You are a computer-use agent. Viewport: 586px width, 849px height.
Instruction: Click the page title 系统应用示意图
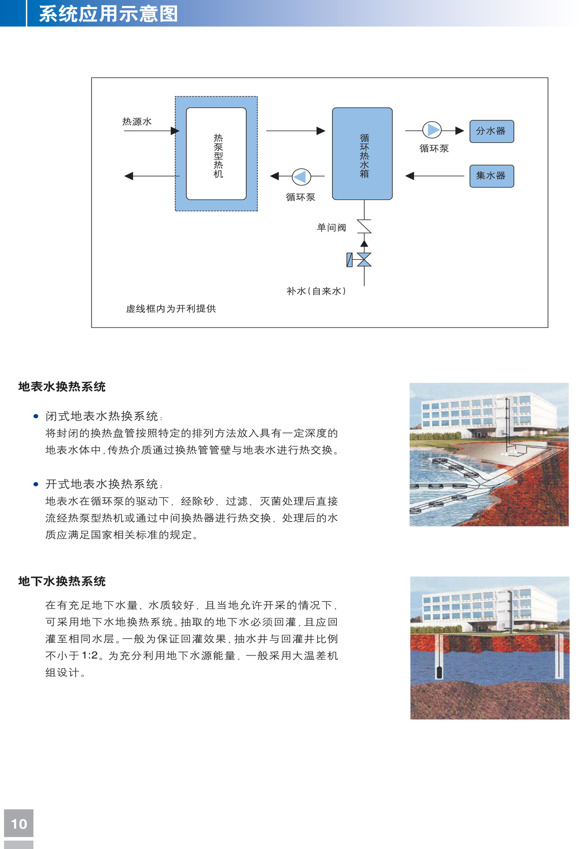(x=108, y=14)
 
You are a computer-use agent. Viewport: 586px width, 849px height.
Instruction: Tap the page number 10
(x=19, y=824)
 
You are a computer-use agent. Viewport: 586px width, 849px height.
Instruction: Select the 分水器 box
(x=491, y=131)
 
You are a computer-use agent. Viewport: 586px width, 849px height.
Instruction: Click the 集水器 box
(x=491, y=176)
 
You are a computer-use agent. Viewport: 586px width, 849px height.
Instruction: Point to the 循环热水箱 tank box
(x=362, y=154)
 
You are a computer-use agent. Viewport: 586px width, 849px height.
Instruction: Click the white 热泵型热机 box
(x=216, y=154)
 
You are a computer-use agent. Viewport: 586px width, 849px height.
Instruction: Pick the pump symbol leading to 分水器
(x=432, y=130)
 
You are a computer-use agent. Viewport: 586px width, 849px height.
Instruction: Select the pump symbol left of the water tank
(x=301, y=177)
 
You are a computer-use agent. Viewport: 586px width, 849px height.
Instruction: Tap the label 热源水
(x=137, y=122)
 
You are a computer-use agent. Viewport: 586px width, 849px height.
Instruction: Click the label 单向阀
(x=331, y=228)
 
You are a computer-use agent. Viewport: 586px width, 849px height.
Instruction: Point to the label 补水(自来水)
(x=316, y=291)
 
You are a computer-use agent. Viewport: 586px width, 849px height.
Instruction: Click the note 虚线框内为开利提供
(x=171, y=309)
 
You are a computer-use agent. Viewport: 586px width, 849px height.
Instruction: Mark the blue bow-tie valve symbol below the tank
(x=364, y=260)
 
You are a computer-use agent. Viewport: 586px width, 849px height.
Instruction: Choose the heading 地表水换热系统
(x=62, y=387)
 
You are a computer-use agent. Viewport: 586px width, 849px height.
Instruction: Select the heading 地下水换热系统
(x=62, y=581)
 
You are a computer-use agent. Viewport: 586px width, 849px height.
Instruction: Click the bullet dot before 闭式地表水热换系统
(x=36, y=417)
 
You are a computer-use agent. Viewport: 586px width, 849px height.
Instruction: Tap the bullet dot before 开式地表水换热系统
(x=36, y=484)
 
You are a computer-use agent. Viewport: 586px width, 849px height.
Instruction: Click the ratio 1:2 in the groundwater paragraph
(x=89, y=656)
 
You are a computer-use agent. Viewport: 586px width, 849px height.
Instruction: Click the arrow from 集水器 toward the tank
(x=435, y=176)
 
